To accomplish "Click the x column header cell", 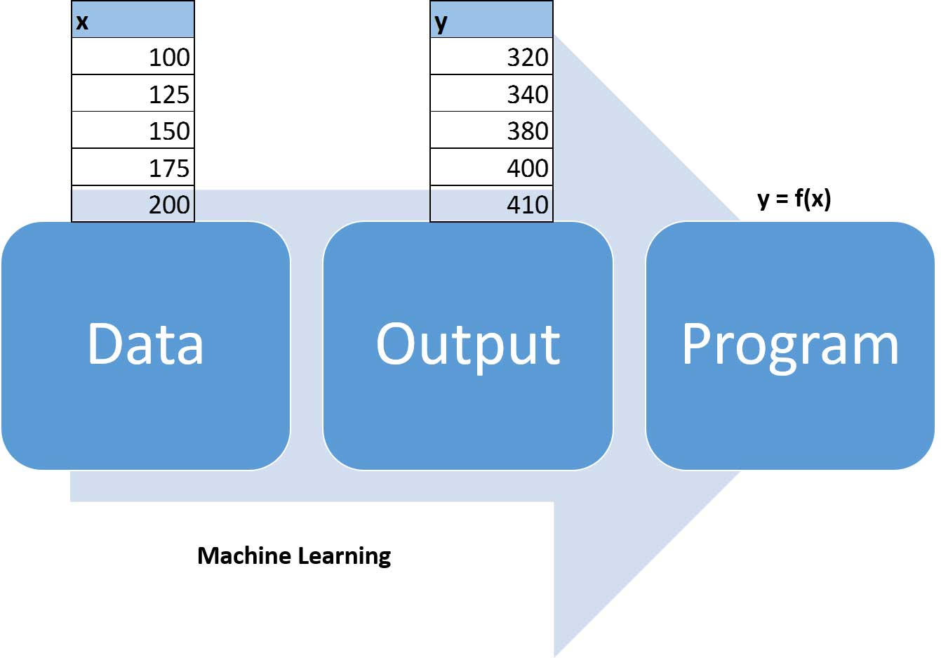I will (x=133, y=20).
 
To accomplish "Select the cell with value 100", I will (x=133, y=57).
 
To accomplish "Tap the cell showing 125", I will (x=133, y=94).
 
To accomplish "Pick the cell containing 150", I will (x=133, y=131).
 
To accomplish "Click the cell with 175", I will (x=133, y=168).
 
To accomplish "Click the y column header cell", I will (x=491, y=20).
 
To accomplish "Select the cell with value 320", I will (x=491, y=57).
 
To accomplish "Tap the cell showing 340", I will (x=491, y=94).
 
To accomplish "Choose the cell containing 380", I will (x=491, y=131).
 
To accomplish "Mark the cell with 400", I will (x=491, y=168).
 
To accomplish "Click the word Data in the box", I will (x=145, y=343).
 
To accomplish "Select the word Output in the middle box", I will (x=468, y=345).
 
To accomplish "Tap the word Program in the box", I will (x=790, y=345).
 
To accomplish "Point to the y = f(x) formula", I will (x=794, y=199).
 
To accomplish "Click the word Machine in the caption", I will (x=243, y=555).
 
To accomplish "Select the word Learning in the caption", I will (x=344, y=556).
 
